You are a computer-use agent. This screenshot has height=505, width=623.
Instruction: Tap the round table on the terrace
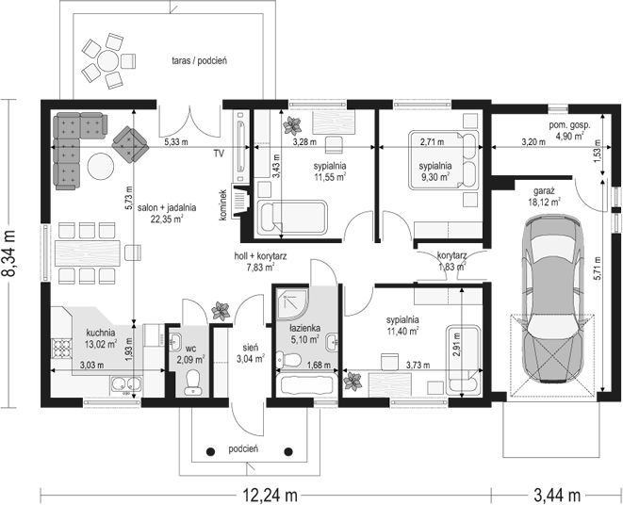click(107, 61)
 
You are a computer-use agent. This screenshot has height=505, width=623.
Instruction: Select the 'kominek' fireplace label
click(222, 204)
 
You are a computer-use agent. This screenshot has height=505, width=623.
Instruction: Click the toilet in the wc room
click(193, 383)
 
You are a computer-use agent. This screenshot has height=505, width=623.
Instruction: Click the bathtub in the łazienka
click(306, 383)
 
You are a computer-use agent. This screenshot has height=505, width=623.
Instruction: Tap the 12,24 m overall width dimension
click(270, 496)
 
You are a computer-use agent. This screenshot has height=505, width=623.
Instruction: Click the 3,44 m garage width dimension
click(557, 496)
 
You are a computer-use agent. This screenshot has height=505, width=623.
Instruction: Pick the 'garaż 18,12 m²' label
click(544, 196)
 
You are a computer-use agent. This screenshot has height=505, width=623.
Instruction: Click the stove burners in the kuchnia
click(61, 348)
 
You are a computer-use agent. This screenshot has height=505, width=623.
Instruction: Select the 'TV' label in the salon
click(219, 154)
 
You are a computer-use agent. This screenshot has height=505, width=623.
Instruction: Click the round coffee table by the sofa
click(101, 167)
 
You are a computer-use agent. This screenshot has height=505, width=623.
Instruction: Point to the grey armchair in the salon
click(130, 144)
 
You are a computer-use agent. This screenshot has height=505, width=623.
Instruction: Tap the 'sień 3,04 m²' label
click(251, 353)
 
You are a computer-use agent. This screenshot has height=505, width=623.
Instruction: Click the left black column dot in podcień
click(211, 451)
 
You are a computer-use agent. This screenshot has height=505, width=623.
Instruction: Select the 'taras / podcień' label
click(200, 61)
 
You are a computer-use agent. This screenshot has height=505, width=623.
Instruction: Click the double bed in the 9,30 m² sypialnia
click(443, 160)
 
